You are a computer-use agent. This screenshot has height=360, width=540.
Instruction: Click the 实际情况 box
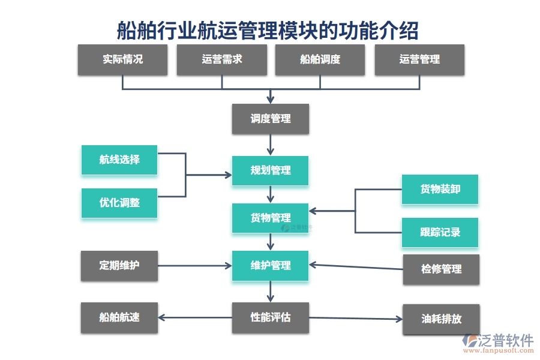[x=122, y=59]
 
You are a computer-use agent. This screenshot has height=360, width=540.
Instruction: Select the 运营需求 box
[x=221, y=59]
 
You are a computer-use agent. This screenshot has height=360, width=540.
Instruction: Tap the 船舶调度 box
[x=320, y=59]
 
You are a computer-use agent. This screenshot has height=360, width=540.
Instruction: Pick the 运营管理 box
[x=419, y=59]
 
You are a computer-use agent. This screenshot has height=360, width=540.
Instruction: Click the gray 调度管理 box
[x=271, y=119]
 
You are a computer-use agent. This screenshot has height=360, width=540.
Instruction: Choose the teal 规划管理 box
[x=271, y=170]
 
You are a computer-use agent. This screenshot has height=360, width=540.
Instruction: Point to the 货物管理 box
[x=271, y=218]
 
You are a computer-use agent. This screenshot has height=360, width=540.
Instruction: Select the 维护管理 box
[x=271, y=266]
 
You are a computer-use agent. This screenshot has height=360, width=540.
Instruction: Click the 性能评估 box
[x=271, y=317]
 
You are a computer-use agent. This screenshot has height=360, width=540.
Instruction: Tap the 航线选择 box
[x=119, y=160]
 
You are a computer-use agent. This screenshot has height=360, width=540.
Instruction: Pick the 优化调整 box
[x=119, y=203]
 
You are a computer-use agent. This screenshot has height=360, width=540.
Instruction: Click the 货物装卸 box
[x=440, y=189]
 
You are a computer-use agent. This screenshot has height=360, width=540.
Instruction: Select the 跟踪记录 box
[x=440, y=232]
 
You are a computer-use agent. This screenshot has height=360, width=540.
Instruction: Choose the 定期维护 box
[x=119, y=265]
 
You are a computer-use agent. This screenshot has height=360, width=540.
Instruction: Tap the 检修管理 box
[x=442, y=269]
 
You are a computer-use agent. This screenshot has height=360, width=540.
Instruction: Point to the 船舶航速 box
[x=119, y=317]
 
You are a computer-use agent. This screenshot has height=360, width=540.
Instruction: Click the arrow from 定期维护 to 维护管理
[x=195, y=266]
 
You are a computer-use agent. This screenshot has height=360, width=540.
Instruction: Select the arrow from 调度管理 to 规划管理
[x=271, y=145]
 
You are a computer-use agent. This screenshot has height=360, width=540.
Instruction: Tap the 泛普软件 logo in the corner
[x=498, y=342]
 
